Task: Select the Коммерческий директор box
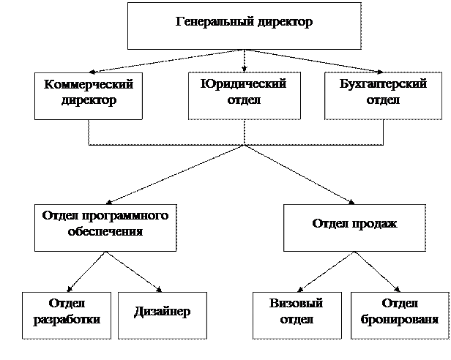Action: click(89, 95)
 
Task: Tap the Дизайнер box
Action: click(163, 315)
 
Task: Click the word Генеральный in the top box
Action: click(212, 22)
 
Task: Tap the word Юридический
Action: click(244, 84)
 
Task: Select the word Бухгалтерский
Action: click(383, 84)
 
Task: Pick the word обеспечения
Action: click(105, 232)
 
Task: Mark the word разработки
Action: click(67, 320)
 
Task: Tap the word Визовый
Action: click(297, 304)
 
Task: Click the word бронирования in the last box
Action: click(400, 320)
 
